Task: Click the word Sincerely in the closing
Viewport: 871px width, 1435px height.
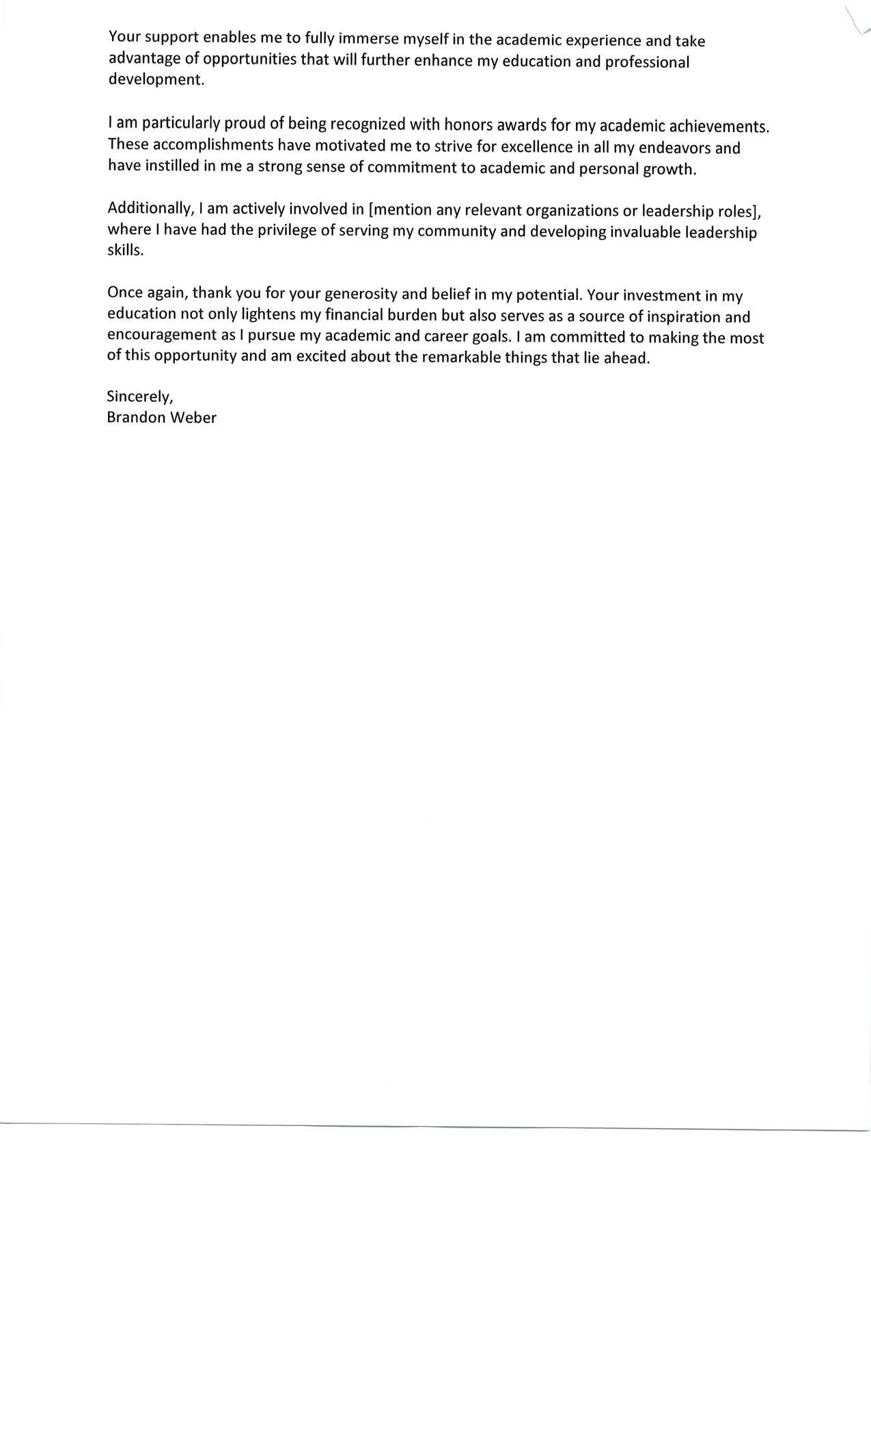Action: [139, 397]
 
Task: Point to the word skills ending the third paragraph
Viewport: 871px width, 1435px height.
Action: [124, 250]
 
